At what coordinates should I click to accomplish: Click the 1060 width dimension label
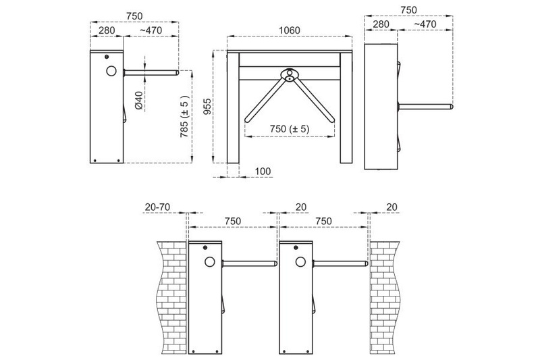[x=290, y=30]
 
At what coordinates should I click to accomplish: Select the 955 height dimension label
[x=207, y=107]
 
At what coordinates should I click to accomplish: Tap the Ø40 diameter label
[x=138, y=100]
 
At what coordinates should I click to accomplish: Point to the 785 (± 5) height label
[x=184, y=117]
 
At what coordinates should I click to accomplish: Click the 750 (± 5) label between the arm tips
[x=290, y=129]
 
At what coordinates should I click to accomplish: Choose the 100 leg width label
[x=263, y=171]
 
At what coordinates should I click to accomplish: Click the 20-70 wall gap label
[x=157, y=207]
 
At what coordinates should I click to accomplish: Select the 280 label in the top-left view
[x=107, y=30]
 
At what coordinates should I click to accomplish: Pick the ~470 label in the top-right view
[x=425, y=24]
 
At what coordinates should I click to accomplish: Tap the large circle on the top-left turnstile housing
[x=111, y=71]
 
